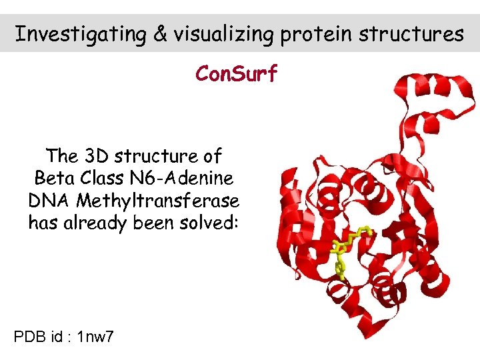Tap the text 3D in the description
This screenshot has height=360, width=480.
coord(97,157)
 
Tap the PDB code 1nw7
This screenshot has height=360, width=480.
coord(95,337)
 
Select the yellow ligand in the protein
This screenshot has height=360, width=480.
coord(347,250)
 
